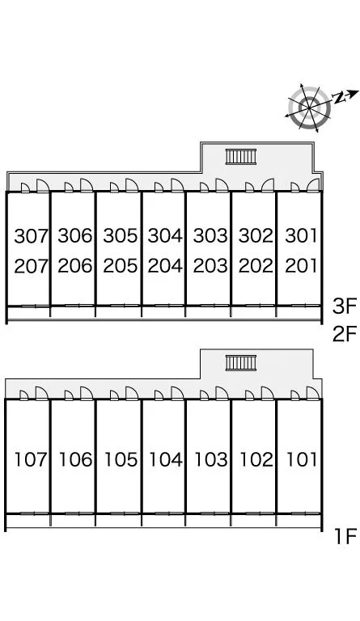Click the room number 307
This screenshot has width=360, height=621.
point(31,236)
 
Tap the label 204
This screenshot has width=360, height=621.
point(165,266)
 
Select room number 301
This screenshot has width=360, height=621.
point(302,235)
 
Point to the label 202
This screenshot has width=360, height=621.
point(256,266)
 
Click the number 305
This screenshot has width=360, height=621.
point(120,235)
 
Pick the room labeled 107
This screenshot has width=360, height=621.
point(31,459)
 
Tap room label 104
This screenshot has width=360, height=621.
point(166,459)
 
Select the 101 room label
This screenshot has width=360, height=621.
point(302,459)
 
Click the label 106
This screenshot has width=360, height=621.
point(75,459)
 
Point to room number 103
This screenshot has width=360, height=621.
point(210,459)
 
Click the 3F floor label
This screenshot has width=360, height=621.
point(345,306)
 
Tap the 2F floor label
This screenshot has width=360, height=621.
point(345,334)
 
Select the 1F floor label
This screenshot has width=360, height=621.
point(345,537)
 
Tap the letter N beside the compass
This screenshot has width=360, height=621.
point(338,97)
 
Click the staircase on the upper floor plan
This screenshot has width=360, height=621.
point(241,157)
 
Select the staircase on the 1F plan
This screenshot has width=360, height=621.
point(241,363)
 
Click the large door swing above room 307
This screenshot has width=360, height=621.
point(42,185)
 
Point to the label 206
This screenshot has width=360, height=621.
point(75,266)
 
